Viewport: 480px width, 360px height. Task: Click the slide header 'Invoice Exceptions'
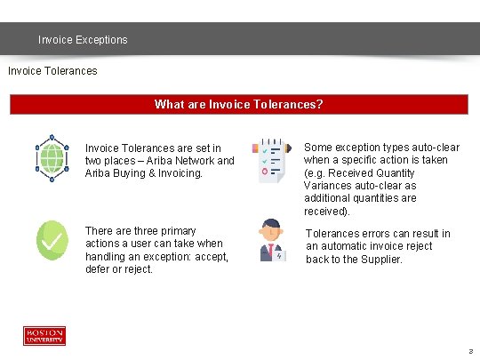[x=83, y=40]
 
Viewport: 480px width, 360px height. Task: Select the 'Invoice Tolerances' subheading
[x=52, y=69]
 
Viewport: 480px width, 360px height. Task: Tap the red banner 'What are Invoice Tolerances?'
[x=238, y=104]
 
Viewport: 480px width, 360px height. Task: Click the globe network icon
[x=52, y=158]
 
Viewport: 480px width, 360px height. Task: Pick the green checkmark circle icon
[x=52, y=240]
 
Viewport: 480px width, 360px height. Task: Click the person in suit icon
[x=270, y=240]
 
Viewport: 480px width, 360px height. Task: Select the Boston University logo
[x=44, y=336]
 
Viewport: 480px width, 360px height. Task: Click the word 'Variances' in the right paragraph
[x=329, y=186]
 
